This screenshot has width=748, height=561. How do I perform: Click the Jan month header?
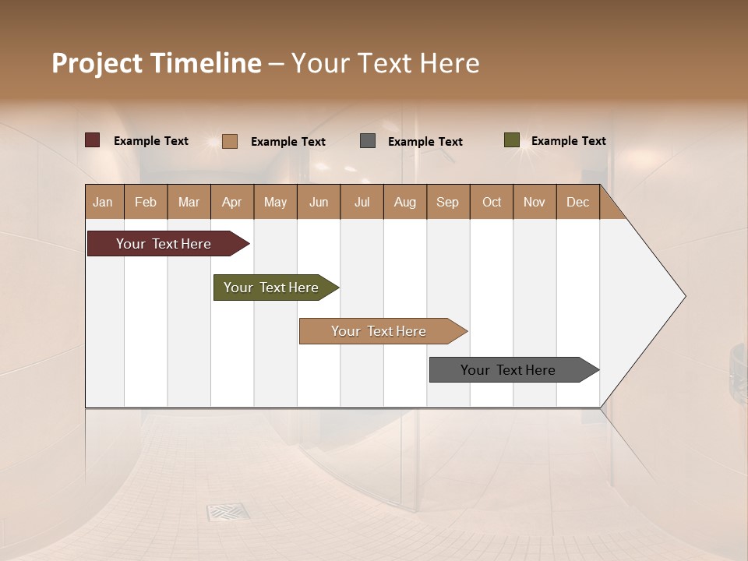coord(104,203)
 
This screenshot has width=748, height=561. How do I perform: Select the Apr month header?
coord(232,203)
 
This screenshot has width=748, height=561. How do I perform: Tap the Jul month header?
coord(362,203)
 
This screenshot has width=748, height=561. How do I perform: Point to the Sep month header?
coord(448,203)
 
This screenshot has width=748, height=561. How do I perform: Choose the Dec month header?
coord(577,203)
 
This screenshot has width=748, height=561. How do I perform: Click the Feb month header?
coord(146,203)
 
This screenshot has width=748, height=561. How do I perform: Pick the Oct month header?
coord(492,203)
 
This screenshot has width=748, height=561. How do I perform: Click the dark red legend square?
coord(93,140)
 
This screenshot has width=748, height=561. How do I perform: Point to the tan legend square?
coord(230,141)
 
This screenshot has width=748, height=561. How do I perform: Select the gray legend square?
coord(368,141)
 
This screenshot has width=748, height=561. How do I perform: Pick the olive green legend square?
coord(512,140)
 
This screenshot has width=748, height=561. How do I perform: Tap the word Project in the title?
coord(97,63)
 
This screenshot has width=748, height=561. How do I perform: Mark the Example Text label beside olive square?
coord(568,141)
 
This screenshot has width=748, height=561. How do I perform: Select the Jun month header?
coord(319,203)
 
